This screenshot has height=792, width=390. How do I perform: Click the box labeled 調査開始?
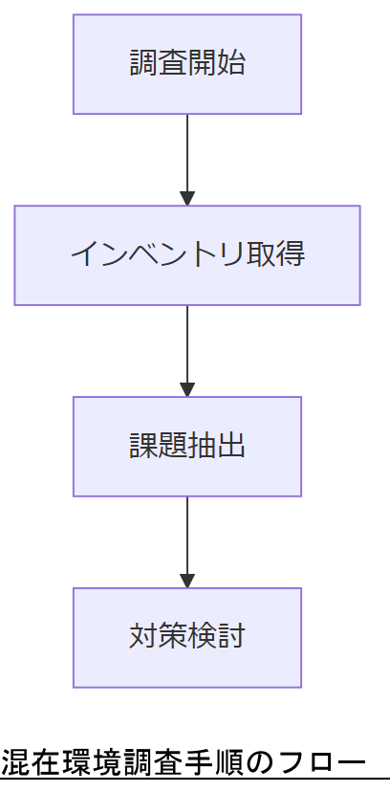pyautogui.click(x=187, y=64)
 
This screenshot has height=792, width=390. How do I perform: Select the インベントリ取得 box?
pyautogui.click(x=187, y=255)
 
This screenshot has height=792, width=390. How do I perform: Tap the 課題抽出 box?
pyautogui.click(x=187, y=447)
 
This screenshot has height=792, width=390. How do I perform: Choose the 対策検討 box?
pyautogui.click(x=187, y=638)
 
